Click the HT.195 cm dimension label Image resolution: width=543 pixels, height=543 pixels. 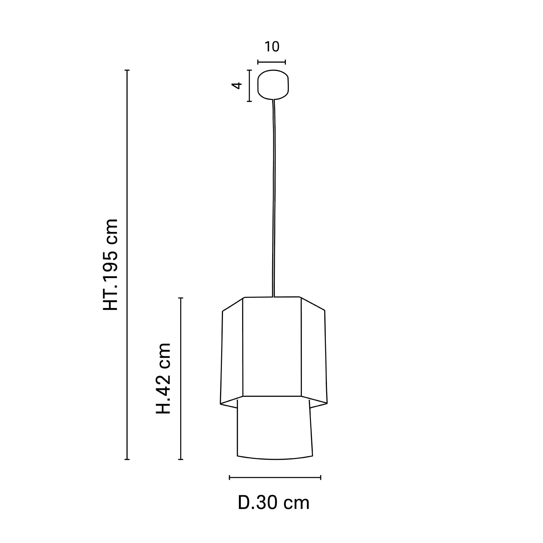(x=111, y=264)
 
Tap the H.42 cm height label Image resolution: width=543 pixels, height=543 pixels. (x=163, y=379)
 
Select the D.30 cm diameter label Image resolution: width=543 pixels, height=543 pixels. (x=274, y=503)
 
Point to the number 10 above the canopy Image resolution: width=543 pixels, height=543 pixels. (x=272, y=47)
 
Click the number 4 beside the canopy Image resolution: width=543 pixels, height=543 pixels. (x=237, y=85)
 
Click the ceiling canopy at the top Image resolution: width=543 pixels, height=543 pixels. (x=273, y=84)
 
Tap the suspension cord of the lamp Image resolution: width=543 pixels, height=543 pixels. (x=274, y=198)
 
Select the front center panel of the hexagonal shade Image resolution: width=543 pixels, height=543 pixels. (x=271, y=347)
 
